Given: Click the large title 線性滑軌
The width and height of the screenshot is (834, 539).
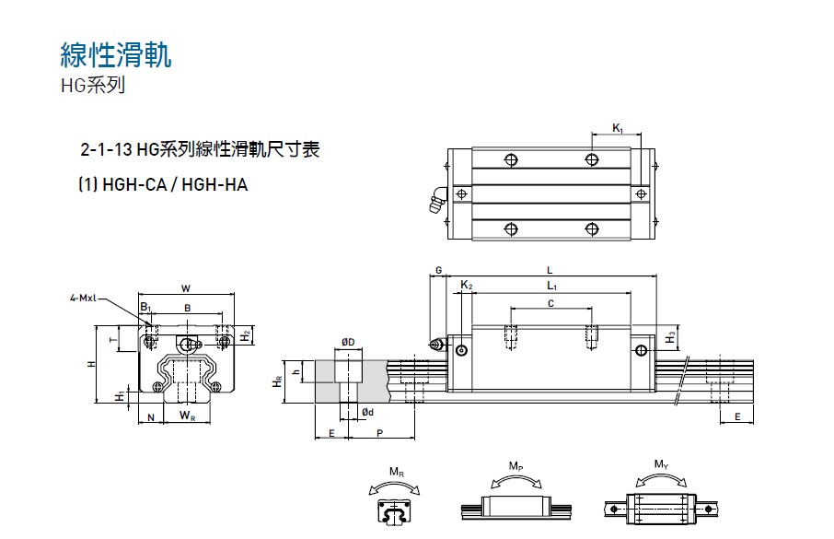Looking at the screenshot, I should [x=115, y=55].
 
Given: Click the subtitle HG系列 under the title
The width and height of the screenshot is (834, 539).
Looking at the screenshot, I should [x=90, y=87].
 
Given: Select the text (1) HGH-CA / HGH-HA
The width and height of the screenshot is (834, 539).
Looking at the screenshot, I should [x=163, y=184].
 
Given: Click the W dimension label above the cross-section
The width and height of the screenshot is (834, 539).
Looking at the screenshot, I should [x=186, y=287].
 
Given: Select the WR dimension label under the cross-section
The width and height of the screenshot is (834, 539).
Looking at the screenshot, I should [x=187, y=417].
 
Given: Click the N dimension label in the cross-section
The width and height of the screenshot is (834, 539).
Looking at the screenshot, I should [x=151, y=417].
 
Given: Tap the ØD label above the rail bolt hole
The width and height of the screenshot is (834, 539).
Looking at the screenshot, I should [x=348, y=342].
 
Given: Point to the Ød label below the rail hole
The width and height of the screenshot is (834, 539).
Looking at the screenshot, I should [x=367, y=411].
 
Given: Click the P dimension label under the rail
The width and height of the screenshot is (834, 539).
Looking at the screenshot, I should [x=379, y=432].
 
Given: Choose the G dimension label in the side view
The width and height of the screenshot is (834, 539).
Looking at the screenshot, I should [x=439, y=270].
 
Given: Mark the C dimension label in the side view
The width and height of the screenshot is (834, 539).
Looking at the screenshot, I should [x=550, y=303].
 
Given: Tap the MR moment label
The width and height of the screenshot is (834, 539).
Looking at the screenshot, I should [x=396, y=473].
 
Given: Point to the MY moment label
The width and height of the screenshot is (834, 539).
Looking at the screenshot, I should [x=661, y=463].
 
